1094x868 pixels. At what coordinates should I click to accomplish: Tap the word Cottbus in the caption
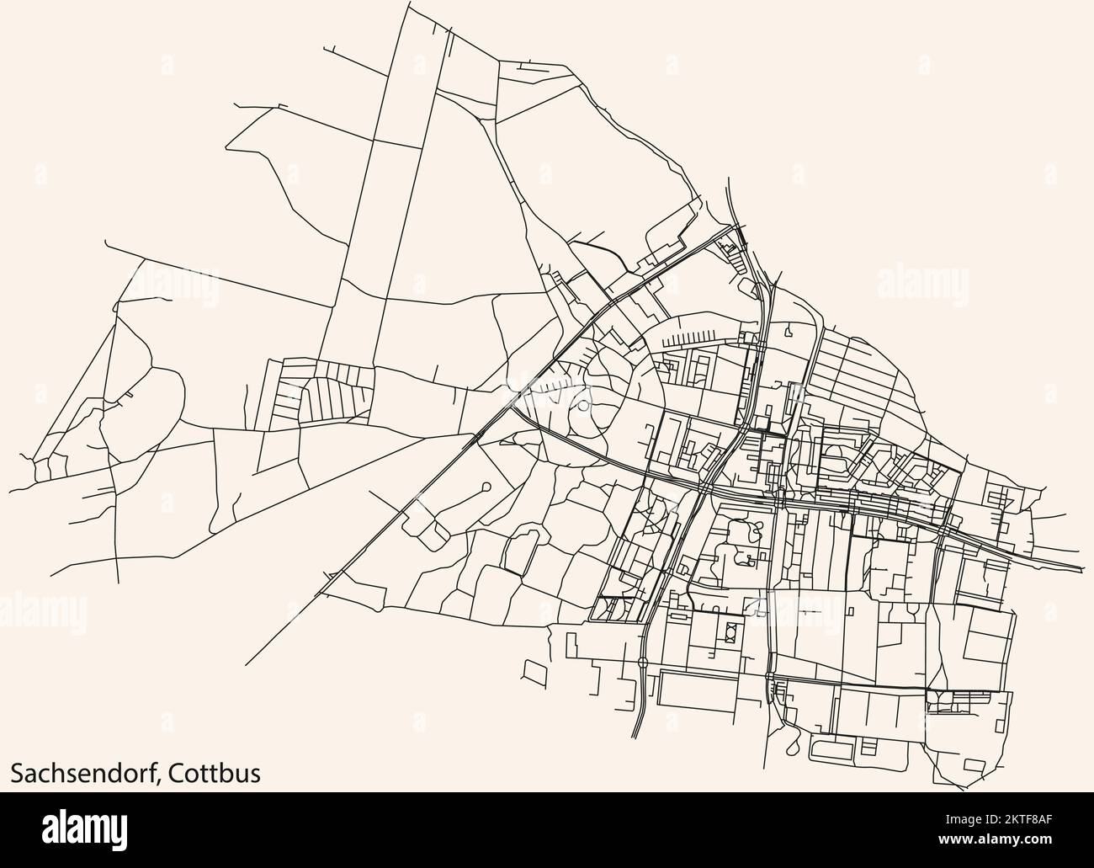point(211,771)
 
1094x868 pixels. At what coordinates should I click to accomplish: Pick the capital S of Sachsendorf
point(16,771)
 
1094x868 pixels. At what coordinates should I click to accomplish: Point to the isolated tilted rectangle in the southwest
point(534,672)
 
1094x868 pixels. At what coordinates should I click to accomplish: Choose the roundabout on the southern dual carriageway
point(643,663)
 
